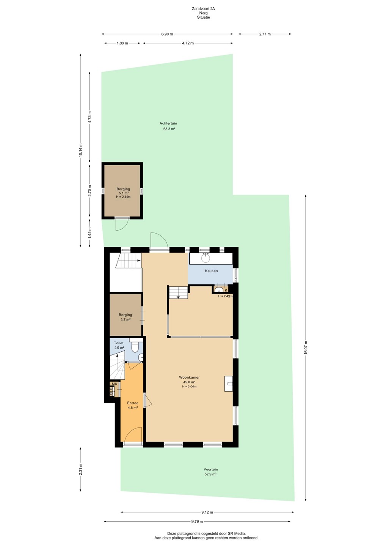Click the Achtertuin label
click(168, 123)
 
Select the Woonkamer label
click(189, 377)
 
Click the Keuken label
click(211, 271)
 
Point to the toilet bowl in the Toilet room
click(134, 347)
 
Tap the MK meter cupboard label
click(115, 384)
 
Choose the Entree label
click(133, 403)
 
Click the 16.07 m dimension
click(306, 347)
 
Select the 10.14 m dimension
click(81, 150)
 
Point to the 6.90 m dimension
click(167, 34)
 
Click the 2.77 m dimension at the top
click(265, 34)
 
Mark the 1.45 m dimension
click(90, 233)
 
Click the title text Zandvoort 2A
click(204, 9)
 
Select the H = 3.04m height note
click(189, 387)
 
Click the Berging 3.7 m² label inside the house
click(126, 317)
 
